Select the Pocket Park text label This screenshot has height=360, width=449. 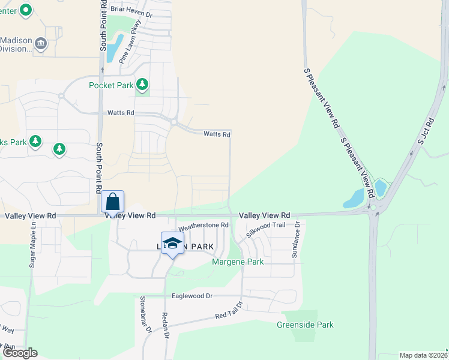pos(111,85)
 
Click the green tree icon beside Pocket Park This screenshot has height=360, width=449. pos(142,85)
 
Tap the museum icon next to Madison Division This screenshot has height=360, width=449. pos(40,43)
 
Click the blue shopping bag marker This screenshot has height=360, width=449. pos(112,202)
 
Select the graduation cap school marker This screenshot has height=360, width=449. pos(172,242)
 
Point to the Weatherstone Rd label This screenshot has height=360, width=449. pos(204,226)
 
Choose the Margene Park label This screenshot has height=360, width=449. pos(238,262)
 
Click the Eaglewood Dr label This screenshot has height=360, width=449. pos(193,296)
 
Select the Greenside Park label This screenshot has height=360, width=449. pos(305,325)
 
